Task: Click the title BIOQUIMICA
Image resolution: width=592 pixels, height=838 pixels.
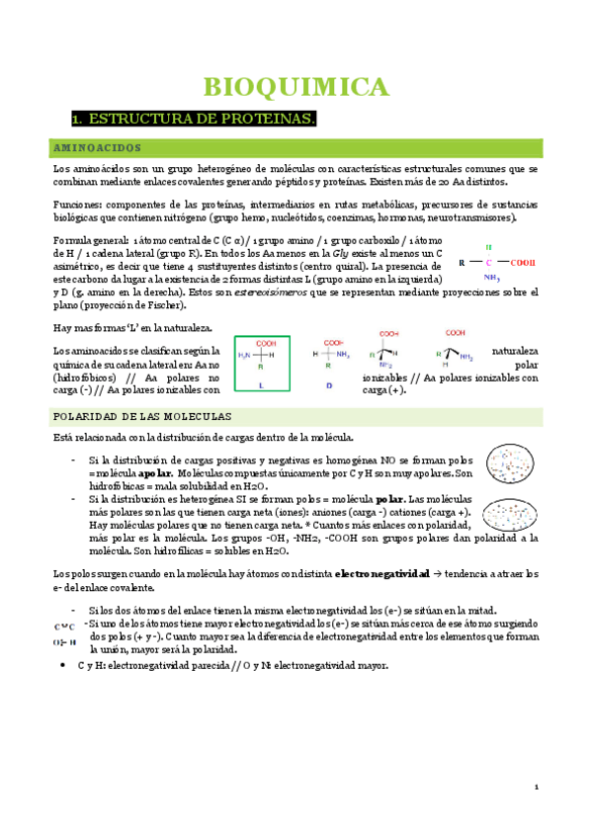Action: [296, 87]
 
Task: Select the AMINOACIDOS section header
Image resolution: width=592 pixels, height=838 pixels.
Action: [98, 147]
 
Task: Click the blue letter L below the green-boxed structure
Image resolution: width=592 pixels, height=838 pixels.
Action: [260, 384]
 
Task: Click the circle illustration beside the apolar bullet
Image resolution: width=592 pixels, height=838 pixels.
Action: [512, 466]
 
